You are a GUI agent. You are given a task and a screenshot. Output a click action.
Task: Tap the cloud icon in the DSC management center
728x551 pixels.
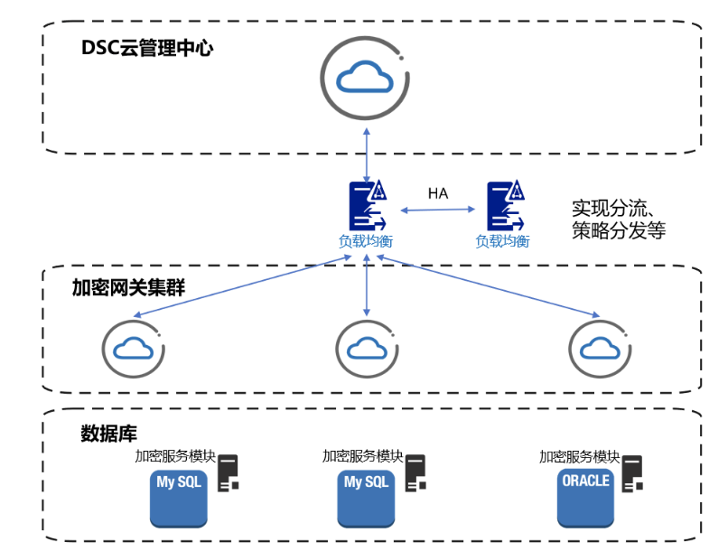point(365,79)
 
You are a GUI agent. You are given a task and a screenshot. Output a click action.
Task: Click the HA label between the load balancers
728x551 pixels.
point(438,193)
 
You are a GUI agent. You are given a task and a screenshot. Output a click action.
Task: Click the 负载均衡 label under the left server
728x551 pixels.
point(366,241)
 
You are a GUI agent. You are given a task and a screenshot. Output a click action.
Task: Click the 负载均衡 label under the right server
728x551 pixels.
point(503,241)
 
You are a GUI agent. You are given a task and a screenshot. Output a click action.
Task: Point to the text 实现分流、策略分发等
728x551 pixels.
point(619,219)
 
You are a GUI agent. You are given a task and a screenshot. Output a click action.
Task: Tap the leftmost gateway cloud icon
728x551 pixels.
point(134,349)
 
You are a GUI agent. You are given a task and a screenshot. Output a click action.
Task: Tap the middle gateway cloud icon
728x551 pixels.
point(367,349)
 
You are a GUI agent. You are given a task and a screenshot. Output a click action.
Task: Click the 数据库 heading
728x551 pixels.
point(108,434)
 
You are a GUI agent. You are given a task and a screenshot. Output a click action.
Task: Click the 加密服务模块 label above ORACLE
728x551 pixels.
point(580,456)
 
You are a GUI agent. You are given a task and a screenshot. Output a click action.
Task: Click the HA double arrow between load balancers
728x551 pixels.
point(438,210)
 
